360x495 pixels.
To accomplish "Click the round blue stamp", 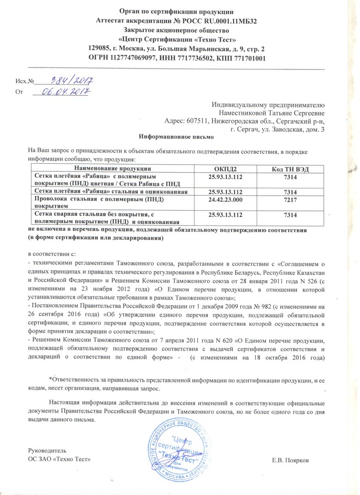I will [176, 451].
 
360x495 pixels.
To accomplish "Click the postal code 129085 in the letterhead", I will [100, 49].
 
